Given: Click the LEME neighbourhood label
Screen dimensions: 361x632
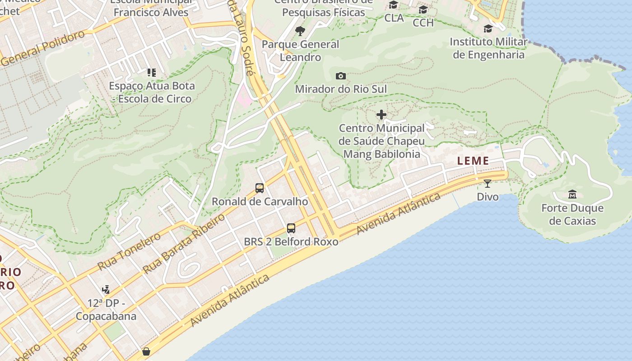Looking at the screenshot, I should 473,161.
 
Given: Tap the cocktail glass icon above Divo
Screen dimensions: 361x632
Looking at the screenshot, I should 488,183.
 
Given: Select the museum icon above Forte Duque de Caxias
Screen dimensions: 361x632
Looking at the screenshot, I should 572,194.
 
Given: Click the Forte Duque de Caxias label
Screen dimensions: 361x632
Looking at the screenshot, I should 572,214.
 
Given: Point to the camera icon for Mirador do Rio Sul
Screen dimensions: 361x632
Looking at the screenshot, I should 341,76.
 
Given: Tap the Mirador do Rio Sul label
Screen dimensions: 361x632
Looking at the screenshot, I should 341,89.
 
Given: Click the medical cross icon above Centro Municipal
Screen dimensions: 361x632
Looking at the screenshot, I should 381,115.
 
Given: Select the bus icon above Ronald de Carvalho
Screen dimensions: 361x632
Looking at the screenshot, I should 260,188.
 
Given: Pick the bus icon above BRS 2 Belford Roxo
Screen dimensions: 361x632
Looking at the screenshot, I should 291,228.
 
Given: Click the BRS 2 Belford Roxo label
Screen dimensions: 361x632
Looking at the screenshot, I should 291,242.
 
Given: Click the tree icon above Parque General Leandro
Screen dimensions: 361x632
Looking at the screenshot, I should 300,31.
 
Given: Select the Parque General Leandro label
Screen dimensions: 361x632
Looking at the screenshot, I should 300,51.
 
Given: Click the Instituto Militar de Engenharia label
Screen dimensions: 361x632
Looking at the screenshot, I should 488,48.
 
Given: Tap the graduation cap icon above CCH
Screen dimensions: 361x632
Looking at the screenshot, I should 423,10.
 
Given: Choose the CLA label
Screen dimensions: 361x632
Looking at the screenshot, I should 394,18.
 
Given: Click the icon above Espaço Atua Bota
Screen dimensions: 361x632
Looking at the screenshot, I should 152,72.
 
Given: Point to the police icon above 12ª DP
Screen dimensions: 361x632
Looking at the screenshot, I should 106,289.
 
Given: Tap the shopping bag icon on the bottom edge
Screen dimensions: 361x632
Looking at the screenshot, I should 146,352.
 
